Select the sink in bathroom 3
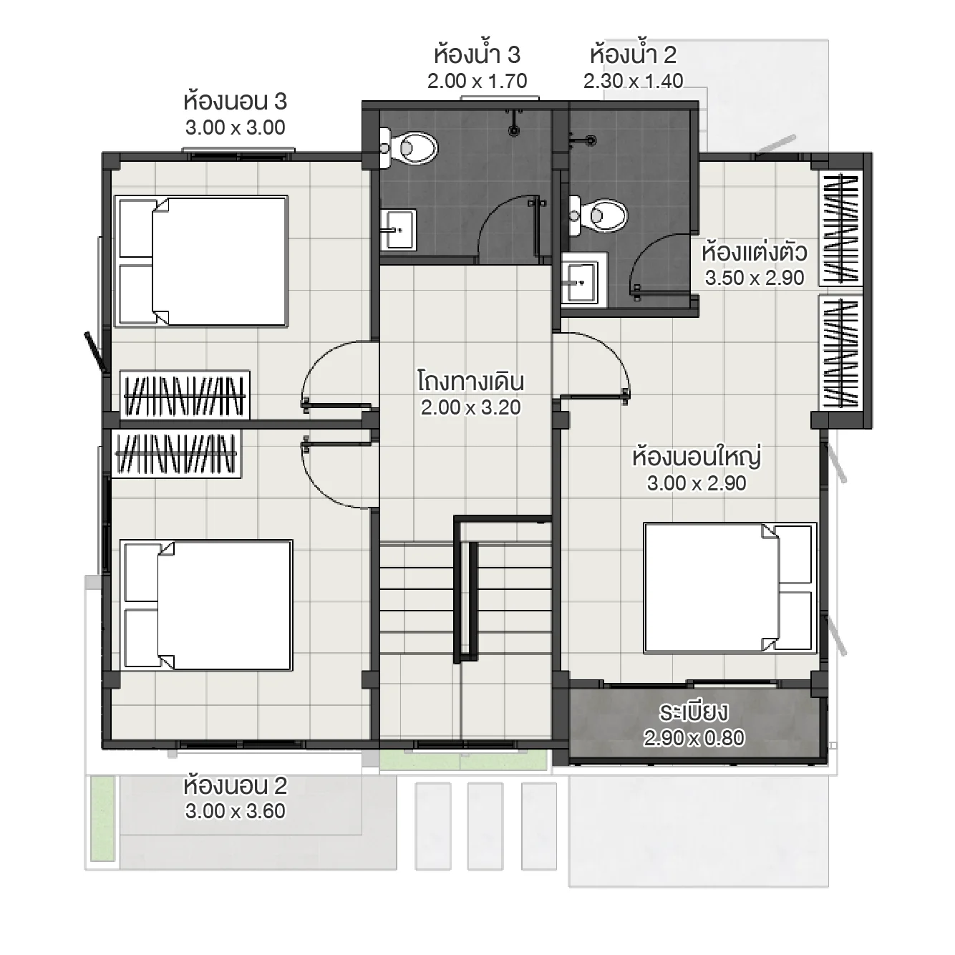pos(400,229)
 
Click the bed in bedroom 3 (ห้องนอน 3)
pos(202,261)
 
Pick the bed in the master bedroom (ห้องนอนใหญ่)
pos(729,588)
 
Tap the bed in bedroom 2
pos(207,605)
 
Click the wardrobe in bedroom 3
pos(185,394)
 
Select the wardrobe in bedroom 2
pos(177,455)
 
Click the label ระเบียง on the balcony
pos(693,712)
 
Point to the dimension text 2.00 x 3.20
pos(470,408)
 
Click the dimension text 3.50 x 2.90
pos(754,278)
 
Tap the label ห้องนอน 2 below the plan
pos(235,786)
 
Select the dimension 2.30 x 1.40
pos(633,81)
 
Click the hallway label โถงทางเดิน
pos(470,382)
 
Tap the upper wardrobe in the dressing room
pos(841,228)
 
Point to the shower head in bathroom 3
pos(514,122)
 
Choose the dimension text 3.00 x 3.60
pos(235,812)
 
